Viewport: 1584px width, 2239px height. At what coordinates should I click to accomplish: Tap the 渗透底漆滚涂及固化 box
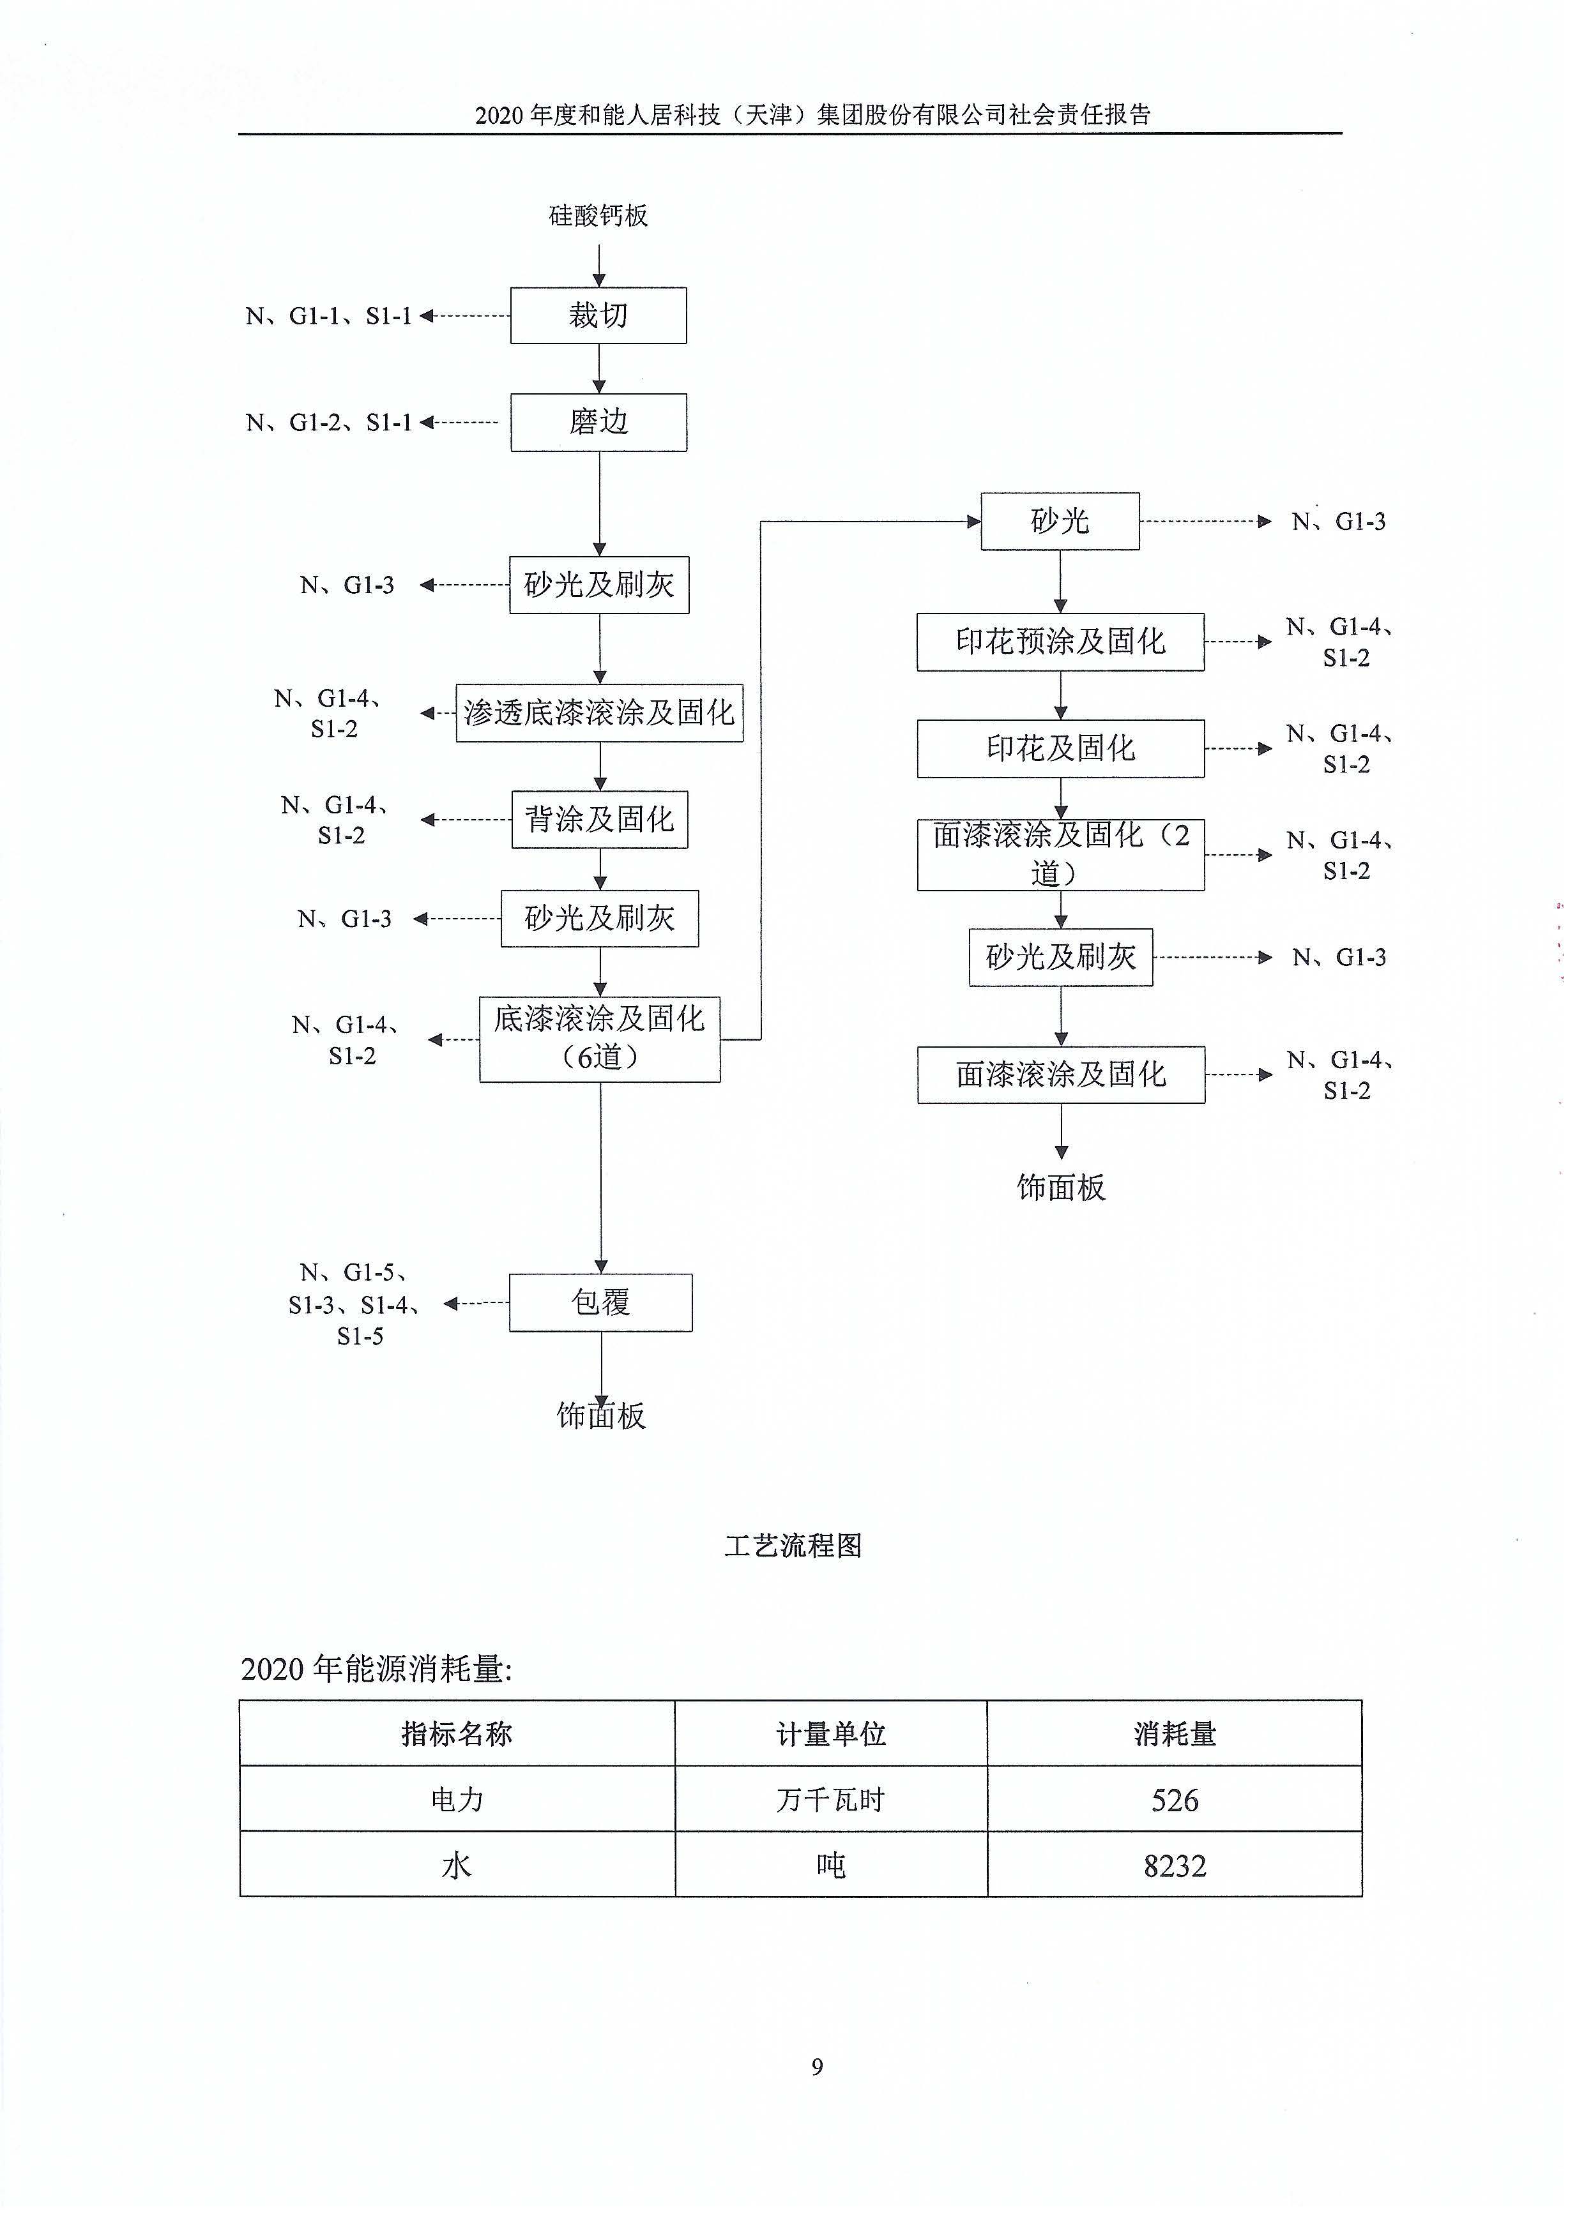pyautogui.click(x=599, y=713)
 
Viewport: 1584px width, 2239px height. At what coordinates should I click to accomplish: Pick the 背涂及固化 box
pyautogui.click(x=599, y=819)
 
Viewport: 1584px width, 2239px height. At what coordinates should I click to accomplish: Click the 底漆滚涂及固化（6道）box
pyautogui.click(x=599, y=1039)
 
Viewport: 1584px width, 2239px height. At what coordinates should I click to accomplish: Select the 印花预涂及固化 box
pyautogui.click(x=1060, y=642)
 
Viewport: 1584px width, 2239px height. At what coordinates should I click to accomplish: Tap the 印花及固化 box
pyautogui.click(x=1060, y=748)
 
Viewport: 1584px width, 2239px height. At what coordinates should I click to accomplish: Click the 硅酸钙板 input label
pyautogui.click(x=598, y=216)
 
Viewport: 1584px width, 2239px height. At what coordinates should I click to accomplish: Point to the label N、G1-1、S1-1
pyautogui.click(x=329, y=316)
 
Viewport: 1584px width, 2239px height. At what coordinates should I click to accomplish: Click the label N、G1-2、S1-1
pyautogui.click(x=329, y=422)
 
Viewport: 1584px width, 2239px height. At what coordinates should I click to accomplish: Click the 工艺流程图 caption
pyautogui.click(x=792, y=1546)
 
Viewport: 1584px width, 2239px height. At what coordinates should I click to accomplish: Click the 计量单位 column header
pyautogui.click(x=830, y=1734)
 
